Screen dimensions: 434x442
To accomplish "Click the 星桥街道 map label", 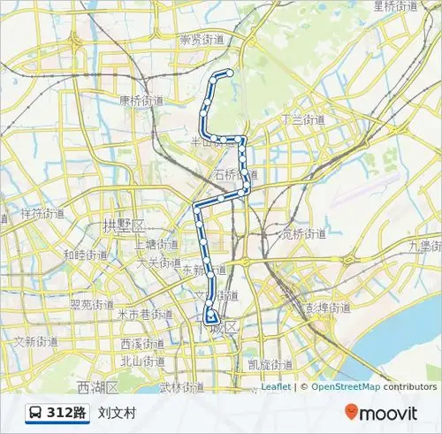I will (x=395, y=6).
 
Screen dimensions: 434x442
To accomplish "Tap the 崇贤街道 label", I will (x=202, y=40).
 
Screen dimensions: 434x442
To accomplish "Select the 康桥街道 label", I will (x=141, y=101).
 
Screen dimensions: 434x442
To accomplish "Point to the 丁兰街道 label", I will (x=303, y=119).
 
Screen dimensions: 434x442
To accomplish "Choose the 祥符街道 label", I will (x=42, y=214).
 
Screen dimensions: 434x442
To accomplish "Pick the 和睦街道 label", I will (x=85, y=255).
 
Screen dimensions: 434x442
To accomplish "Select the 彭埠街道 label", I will (x=328, y=308).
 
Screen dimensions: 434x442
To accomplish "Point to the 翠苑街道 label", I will (x=92, y=304).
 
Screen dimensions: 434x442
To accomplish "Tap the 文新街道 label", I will (x=35, y=341).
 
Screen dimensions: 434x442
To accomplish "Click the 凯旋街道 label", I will (x=271, y=364).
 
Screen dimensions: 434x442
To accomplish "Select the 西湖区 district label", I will (x=97, y=387).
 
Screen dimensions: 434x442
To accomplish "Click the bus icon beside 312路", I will (x=36, y=413).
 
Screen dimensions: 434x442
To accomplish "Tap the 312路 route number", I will (x=67, y=413).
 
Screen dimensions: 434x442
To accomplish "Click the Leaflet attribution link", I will (x=276, y=386).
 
